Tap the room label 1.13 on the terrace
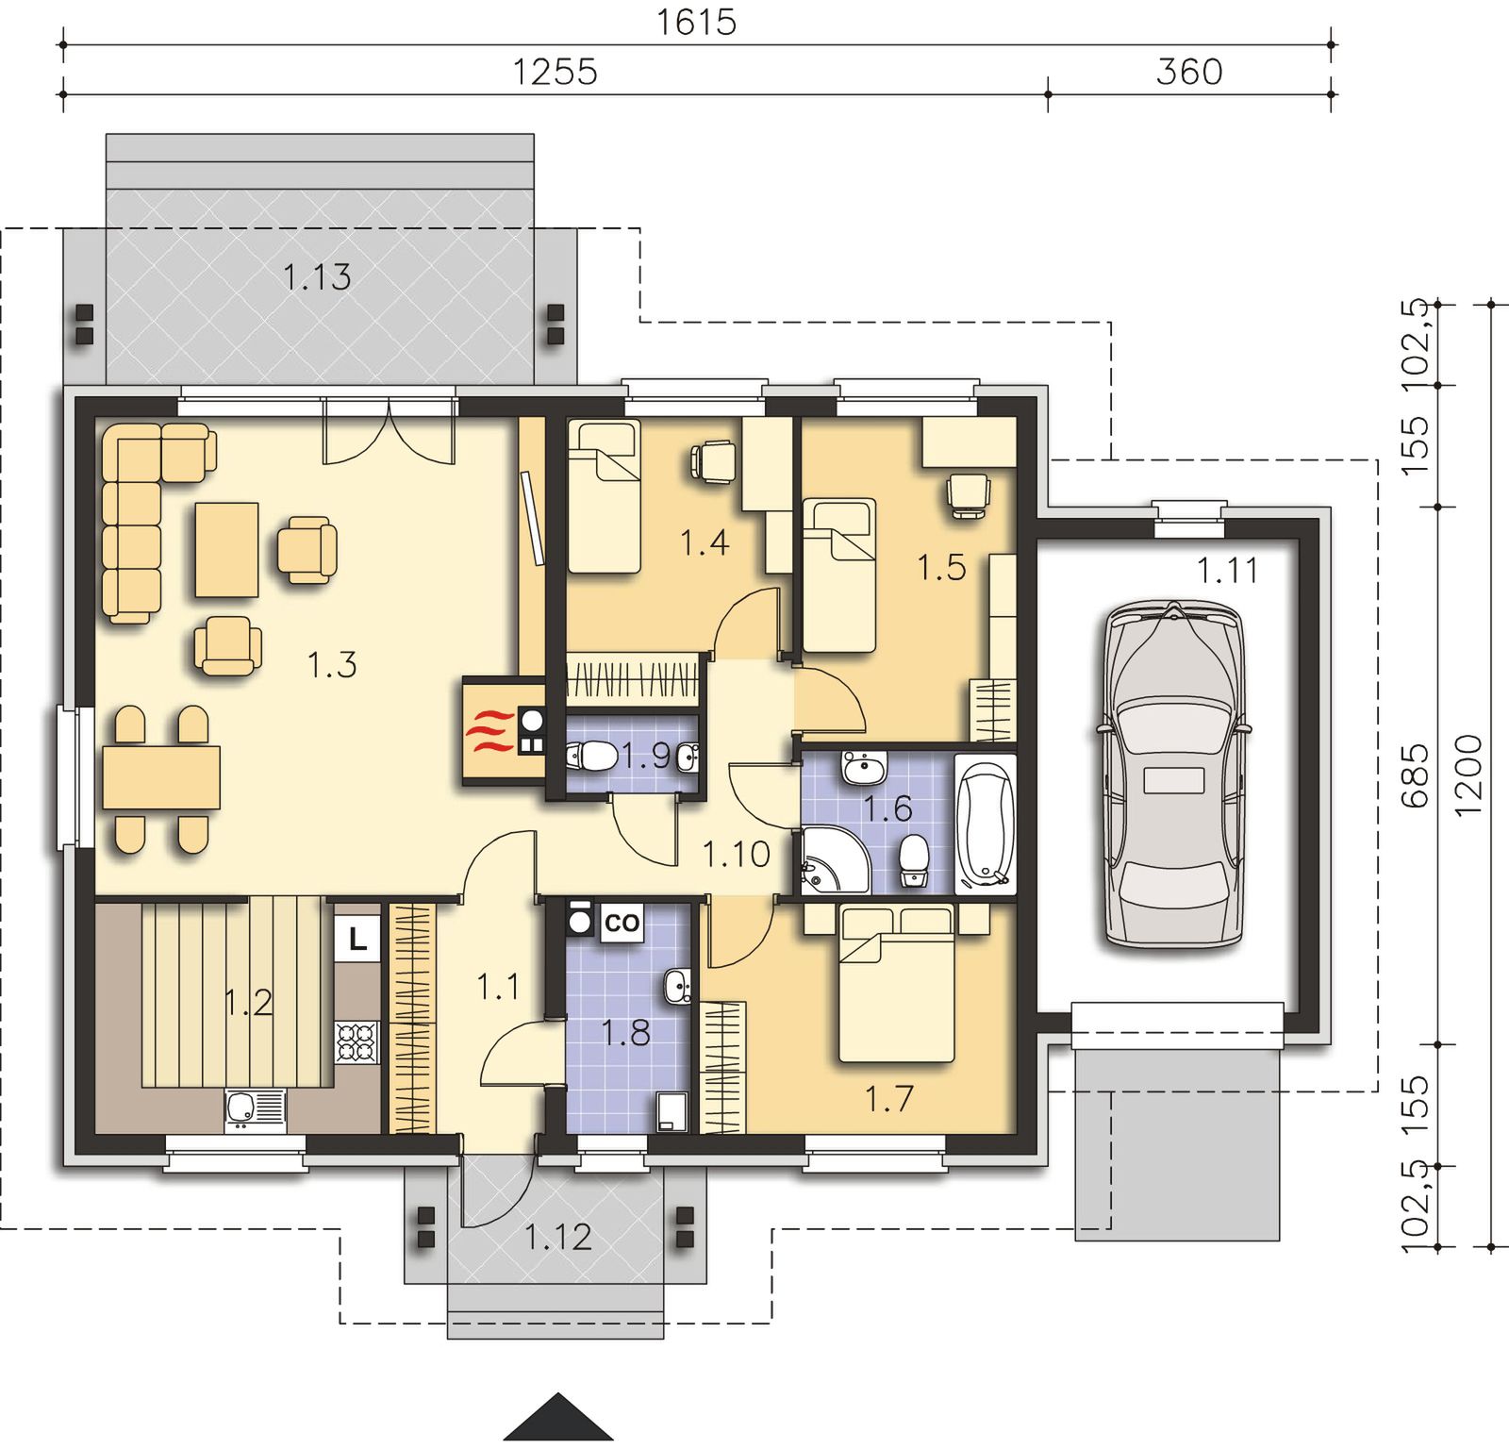pyautogui.click(x=317, y=277)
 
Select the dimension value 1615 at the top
pyautogui.click(x=696, y=23)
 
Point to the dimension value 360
pyautogui.click(x=1189, y=72)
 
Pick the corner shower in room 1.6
pyautogui.click(x=835, y=859)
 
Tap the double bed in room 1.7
pyautogui.click(x=897, y=984)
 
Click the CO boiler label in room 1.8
pyautogui.click(x=621, y=923)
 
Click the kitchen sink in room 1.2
pyautogui.click(x=255, y=1110)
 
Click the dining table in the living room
pyautogui.click(x=161, y=777)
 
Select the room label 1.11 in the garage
pyautogui.click(x=1227, y=571)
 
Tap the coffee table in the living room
pyautogui.click(x=227, y=549)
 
